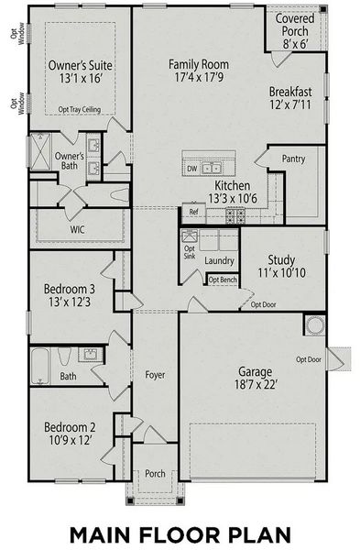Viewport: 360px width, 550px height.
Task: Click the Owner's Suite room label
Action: [x=81, y=65]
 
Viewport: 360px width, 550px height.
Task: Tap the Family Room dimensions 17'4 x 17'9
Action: [x=199, y=77]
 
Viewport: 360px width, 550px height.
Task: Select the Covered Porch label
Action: [x=295, y=25]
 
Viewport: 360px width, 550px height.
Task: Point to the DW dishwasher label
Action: [x=192, y=169]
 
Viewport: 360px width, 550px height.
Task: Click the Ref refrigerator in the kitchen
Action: [x=194, y=212]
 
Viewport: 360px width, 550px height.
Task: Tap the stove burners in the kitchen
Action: [x=235, y=215]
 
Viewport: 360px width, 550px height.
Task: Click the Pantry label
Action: [x=293, y=159]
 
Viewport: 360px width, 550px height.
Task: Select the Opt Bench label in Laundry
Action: [x=223, y=280]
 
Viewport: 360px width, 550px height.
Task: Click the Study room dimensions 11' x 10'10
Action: [x=282, y=273]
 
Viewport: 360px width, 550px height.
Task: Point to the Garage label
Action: [x=256, y=371]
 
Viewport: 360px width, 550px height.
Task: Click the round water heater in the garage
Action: [x=315, y=325]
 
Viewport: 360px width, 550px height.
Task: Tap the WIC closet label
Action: [x=77, y=230]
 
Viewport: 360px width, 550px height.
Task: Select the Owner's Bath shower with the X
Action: [x=40, y=151]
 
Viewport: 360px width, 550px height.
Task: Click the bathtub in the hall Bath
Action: [x=40, y=366]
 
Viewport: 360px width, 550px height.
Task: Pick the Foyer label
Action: [x=155, y=375]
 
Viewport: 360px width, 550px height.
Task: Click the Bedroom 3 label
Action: [x=70, y=289]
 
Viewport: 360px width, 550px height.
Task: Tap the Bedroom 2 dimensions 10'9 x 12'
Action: [x=71, y=440]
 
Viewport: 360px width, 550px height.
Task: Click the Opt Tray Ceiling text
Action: [x=80, y=110]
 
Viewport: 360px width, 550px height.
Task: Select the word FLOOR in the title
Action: [x=180, y=535]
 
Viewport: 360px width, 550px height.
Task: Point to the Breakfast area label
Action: [x=290, y=92]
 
